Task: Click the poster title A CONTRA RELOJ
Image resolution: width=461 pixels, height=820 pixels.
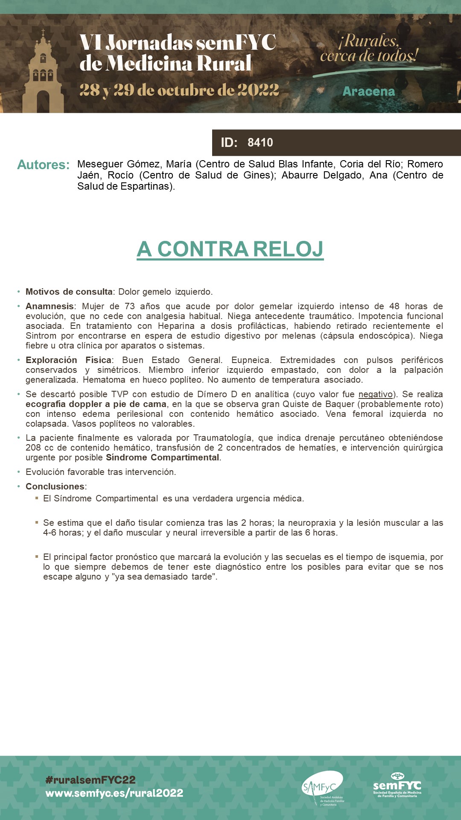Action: click(x=230, y=249)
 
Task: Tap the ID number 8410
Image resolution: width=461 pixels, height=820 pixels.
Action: click(x=260, y=143)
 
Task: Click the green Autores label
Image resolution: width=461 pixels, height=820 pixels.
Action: click(x=43, y=165)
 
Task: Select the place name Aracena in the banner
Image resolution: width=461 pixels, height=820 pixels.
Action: click(x=368, y=91)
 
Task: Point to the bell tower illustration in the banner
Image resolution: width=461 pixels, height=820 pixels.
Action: click(x=43, y=75)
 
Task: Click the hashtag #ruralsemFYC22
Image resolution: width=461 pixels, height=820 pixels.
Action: click(x=90, y=780)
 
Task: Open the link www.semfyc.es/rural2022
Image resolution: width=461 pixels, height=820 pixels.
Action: click(x=114, y=793)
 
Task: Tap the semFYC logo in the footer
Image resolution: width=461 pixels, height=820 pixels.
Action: click(x=397, y=785)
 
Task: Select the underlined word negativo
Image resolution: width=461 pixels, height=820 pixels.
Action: click(x=375, y=394)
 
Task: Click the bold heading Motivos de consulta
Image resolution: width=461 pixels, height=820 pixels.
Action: click(x=69, y=292)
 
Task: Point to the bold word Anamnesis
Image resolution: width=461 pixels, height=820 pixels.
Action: click(x=50, y=306)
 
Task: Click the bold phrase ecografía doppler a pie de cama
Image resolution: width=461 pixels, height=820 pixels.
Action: click(x=96, y=404)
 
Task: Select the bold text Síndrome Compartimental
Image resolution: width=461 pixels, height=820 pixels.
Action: click(x=163, y=457)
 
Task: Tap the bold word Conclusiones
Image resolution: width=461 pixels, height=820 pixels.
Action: click(x=55, y=486)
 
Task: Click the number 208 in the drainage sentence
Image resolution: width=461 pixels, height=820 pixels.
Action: click(x=33, y=448)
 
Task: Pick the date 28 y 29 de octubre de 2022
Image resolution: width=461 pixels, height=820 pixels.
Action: click(x=179, y=90)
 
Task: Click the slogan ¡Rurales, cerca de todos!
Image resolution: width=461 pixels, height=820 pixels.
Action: click(x=369, y=48)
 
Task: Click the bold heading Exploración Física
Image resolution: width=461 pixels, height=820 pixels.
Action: click(x=68, y=360)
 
